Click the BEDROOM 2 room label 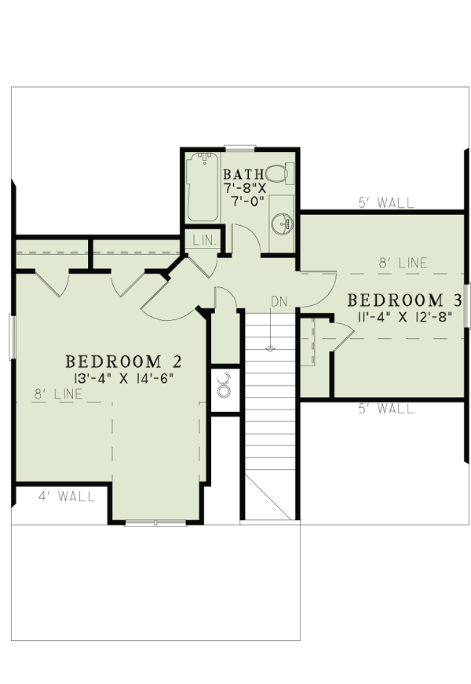point(123,362)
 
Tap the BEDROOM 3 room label point(404,300)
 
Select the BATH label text point(244,174)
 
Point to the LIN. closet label point(204,240)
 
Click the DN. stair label point(281,302)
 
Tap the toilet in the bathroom point(279,173)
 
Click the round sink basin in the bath point(282,224)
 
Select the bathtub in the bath point(202,187)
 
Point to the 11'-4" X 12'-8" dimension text point(404,316)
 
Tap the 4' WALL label point(67,497)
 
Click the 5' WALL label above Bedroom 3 point(386,203)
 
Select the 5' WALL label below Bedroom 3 point(386,409)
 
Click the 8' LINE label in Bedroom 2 point(58,395)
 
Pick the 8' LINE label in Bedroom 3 point(403,263)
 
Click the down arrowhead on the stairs point(270,348)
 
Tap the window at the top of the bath point(239,148)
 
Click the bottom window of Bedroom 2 point(156,523)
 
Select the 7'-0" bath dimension point(247,202)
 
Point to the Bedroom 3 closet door point(343,336)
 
